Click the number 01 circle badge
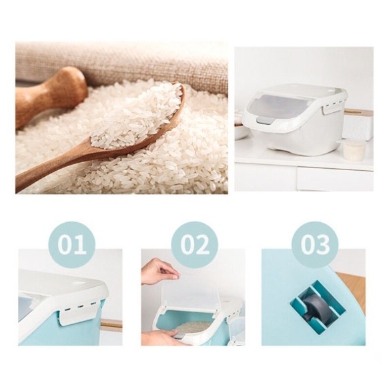[x=72, y=245]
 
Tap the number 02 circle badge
[x=195, y=245]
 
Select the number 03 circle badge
[x=315, y=245]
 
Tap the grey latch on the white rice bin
[x=266, y=121]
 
